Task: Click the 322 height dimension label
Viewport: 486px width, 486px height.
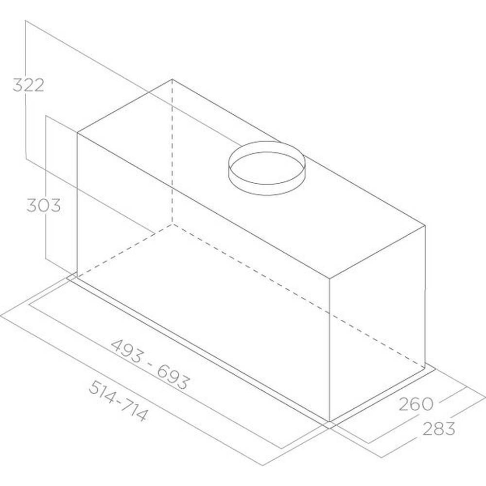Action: coord(28,85)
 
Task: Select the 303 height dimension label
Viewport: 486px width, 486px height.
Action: coord(44,205)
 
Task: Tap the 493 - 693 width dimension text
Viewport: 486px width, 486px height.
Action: coord(149,364)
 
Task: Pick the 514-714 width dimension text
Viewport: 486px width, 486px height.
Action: coord(118,401)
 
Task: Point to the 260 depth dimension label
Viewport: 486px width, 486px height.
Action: coord(416,404)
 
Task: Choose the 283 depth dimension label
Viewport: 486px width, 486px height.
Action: coord(438,429)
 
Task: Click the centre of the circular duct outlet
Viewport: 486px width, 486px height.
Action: coord(267,168)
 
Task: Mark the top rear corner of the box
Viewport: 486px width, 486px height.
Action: coord(173,80)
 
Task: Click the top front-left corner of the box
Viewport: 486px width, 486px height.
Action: coord(77,133)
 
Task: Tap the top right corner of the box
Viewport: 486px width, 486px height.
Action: coord(425,226)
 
